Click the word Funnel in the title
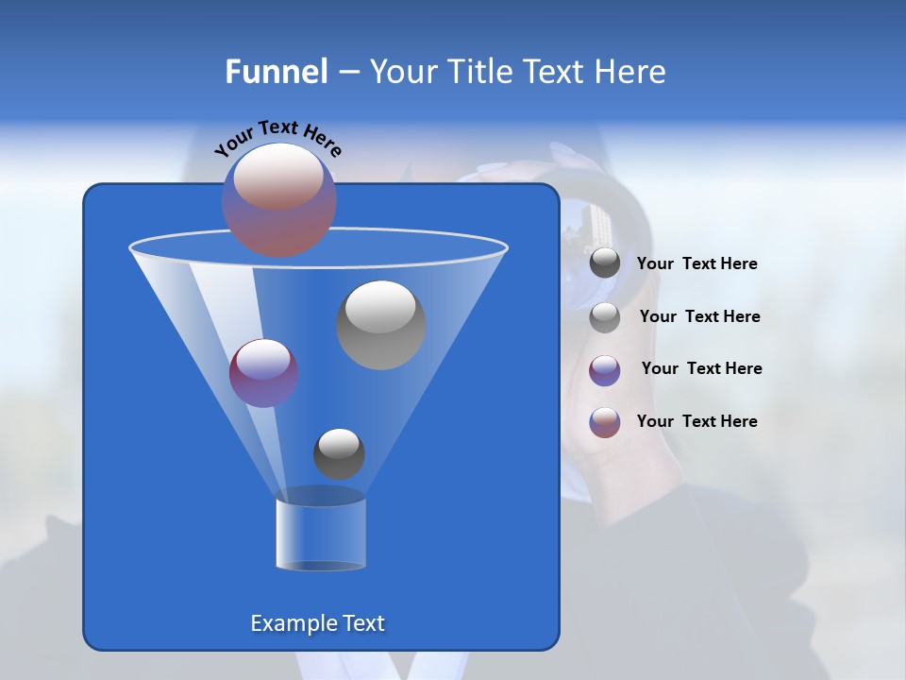pos(276,72)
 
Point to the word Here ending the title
pos(632,72)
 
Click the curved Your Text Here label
pos(278,137)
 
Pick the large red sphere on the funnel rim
pos(279,199)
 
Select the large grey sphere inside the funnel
pos(381,325)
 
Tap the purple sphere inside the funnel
pos(264,373)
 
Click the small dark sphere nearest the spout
pos(339,453)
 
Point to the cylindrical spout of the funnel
pos(320,531)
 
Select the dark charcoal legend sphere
pos(605,263)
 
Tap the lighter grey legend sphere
pos(605,317)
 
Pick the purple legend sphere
pos(605,369)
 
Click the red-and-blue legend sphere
pos(605,422)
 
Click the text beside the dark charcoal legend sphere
pos(696,264)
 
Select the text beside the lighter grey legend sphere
pos(699,317)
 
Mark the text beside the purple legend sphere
pos(701,369)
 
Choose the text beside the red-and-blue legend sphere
pos(696,422)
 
